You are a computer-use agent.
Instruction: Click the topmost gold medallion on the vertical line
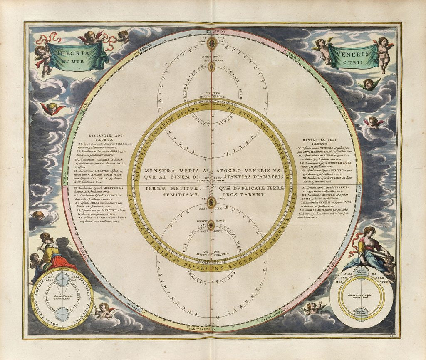click(211, 43)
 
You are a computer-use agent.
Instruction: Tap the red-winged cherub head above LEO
click(52, 109)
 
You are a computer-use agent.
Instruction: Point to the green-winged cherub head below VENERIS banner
click(368, 84)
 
